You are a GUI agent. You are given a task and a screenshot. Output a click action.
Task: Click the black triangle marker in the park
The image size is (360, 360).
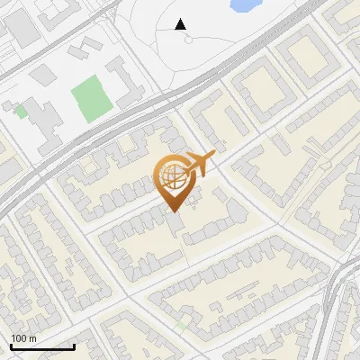[x=181, y=24]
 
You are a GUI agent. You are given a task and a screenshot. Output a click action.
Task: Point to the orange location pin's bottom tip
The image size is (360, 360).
[x=174, y=211]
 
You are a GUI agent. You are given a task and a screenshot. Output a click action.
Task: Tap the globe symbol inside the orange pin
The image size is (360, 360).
[x=173, y=175]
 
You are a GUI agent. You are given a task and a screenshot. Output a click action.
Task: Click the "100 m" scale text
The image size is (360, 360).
[x=23, y=337]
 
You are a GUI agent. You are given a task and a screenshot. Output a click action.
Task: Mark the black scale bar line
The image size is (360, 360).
[x=42, y=346]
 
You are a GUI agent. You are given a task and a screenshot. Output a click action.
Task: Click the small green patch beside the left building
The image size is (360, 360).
[x=20, y=111]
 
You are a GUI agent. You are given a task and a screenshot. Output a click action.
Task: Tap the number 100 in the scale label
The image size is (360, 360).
[x=19, y=337]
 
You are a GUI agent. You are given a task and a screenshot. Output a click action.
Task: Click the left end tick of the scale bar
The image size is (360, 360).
[x=11, y=345]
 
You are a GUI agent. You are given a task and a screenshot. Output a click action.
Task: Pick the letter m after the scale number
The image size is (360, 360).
[x=33, y=338]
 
